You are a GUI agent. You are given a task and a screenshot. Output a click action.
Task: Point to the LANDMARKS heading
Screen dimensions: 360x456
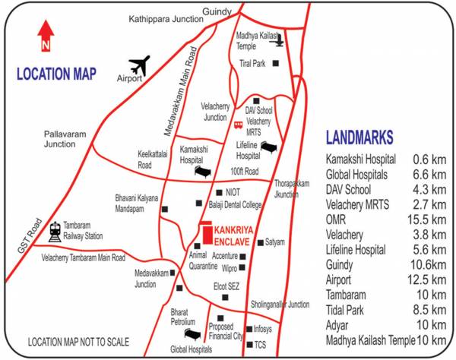coord(359,137)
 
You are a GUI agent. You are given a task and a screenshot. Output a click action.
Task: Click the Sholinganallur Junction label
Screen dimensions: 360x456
coord(280,304)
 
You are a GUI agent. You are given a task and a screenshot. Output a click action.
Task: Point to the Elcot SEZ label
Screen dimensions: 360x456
coord(227,288)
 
